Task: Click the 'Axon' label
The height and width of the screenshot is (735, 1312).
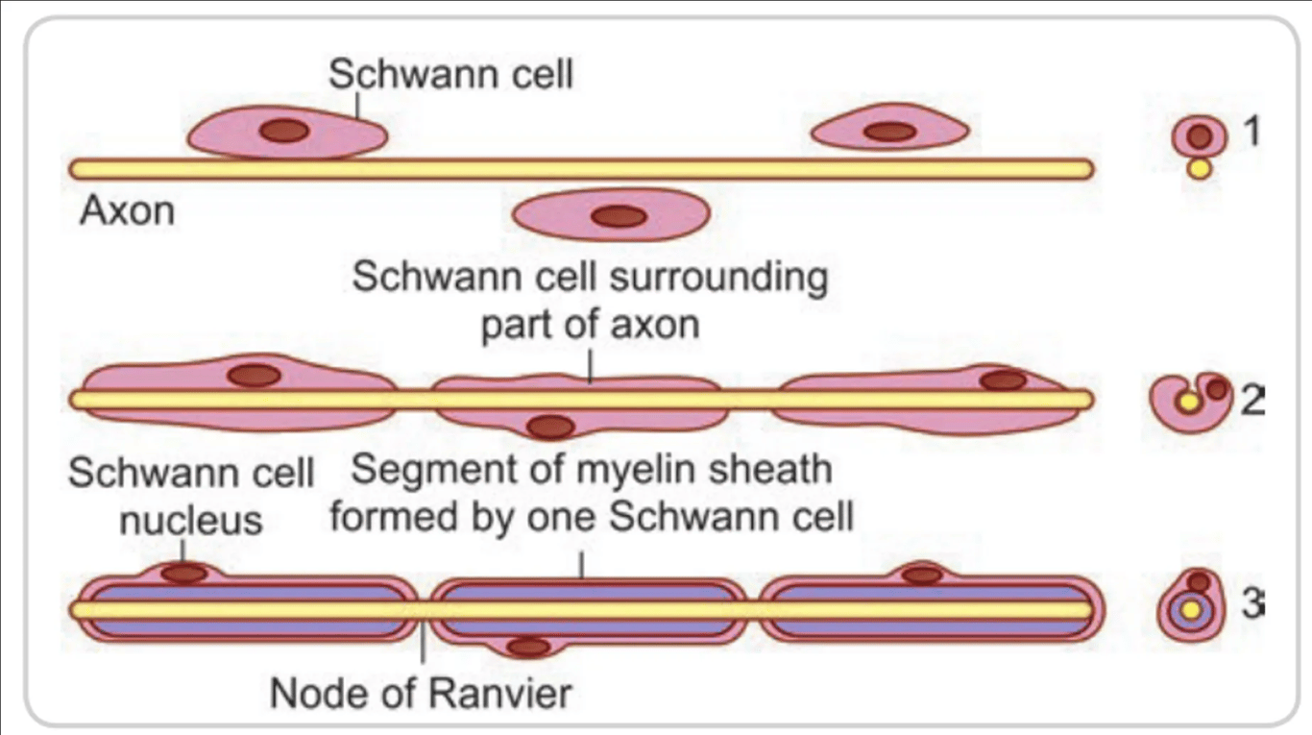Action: click(x=127, y=209)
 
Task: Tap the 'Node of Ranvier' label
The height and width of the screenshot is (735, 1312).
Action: click(x=421, y=692)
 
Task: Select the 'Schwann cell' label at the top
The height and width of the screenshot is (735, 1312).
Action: click(x=450, y=73)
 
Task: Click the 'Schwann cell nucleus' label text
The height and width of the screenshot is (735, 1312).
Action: click(x=190, y=496)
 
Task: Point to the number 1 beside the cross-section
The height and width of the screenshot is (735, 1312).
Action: click(x=1250, y=131)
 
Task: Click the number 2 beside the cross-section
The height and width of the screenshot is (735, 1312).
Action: click(x=1251, y=399)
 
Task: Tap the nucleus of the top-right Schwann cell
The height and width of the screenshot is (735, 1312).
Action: click(x=889, y=131)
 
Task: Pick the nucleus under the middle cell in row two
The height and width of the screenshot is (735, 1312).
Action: click(x=550, y=426)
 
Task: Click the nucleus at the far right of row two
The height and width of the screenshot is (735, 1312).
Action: click(x=1003, y=380)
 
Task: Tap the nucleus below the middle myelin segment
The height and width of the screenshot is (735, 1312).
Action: click(x=528, y=648)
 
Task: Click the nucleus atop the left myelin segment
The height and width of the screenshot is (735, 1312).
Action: click(x=183, y=574)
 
